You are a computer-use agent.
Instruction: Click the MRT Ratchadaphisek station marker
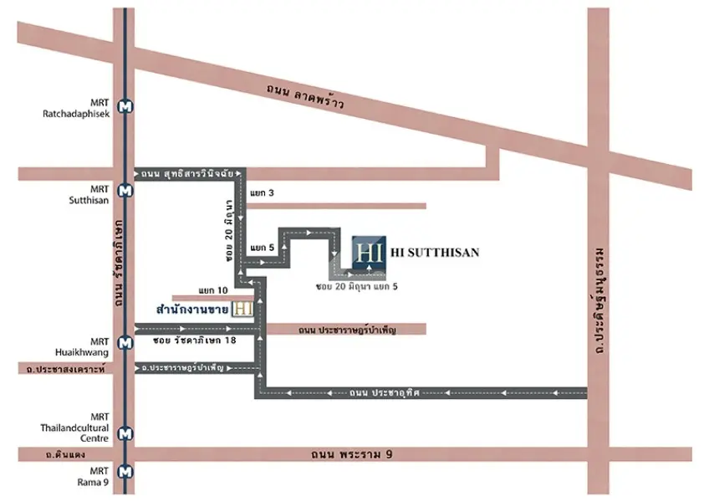tap(125, 107)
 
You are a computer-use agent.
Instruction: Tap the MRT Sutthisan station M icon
tap(125, 191)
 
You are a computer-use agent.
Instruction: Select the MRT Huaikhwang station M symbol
tap(125, 343)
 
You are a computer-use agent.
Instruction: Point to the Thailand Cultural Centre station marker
tap(125, 433)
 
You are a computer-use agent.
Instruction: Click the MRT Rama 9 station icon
tap(125, 472)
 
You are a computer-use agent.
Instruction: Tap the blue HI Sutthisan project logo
tap(369, 253)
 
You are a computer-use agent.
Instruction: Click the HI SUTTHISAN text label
tap(435, 252)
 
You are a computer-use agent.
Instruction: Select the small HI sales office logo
tap(242, 310)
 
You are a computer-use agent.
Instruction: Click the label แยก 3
tap(262, 192)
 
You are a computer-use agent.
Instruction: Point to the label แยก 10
tap(213, 290)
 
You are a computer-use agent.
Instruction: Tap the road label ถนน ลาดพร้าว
tap(305, 96)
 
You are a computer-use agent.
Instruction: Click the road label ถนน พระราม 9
tap(352, 454)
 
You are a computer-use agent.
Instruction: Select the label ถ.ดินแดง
tap(65, 454)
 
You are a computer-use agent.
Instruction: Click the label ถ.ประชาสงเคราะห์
tap(66, 369)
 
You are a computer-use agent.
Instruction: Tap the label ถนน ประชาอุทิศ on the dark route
tap(385, 392)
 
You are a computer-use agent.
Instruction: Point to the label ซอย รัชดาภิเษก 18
tap(195, 340)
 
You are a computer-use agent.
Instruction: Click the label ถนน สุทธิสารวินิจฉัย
tap(187, 173)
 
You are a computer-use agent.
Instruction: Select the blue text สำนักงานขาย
tap(192, 310)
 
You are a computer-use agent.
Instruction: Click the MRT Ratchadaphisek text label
tap(76, 108)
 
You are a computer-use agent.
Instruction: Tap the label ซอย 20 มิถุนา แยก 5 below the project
tap(357, 286)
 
